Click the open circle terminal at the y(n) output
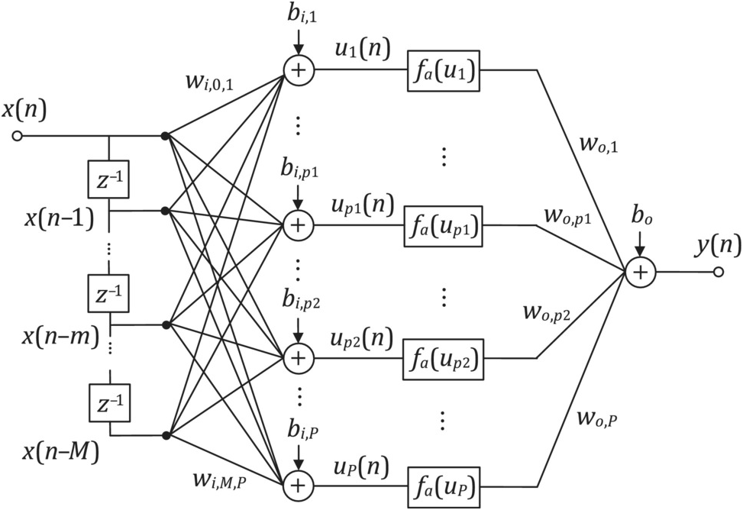(x=717, y=272)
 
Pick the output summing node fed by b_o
(x=640, y=272)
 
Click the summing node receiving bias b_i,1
(x=299, y=70)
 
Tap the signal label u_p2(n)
(x=362, y=337)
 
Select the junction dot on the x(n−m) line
(x=166, y=325)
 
